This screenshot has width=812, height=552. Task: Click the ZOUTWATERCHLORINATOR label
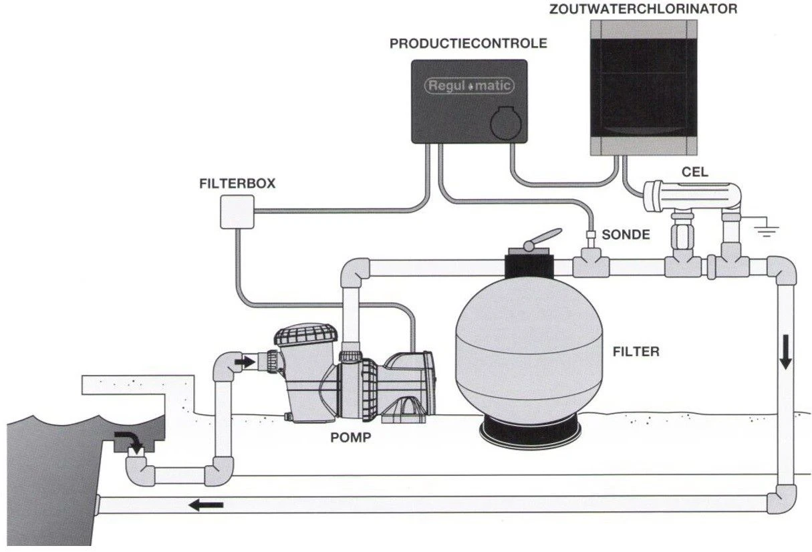643,9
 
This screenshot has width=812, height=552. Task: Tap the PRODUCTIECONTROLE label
468,44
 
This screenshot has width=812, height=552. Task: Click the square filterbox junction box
238,213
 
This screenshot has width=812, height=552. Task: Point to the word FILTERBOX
237,182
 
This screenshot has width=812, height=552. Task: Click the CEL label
694,172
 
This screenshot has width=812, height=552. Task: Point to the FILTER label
636,351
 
